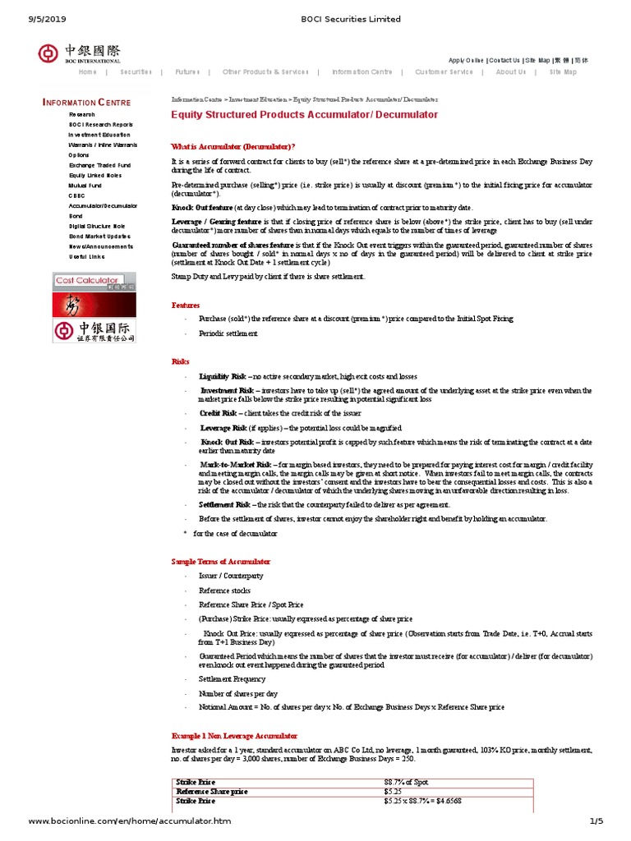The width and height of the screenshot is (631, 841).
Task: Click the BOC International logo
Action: click(79, 53)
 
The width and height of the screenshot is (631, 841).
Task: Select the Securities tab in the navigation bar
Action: click(136, 72)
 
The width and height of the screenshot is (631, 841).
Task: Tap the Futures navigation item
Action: click(187, 72)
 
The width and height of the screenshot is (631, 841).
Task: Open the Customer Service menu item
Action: click(444, 72)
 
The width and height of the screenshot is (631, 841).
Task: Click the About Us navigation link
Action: click(510, 72)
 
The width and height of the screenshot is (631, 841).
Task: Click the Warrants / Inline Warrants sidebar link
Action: click(103, 144)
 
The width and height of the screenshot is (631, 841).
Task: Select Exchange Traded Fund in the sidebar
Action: click(99, 164)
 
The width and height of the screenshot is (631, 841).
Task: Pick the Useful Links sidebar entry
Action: click(86, 256)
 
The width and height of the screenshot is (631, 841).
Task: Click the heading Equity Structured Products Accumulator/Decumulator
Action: click(304, 115)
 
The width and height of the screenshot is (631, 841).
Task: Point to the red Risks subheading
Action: click(180, 361)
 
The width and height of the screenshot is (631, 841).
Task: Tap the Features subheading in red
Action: click(185, 305)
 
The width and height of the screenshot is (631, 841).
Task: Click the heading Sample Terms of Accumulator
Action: click(220, 561)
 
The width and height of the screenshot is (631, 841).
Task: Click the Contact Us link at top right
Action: click(504, 60)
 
